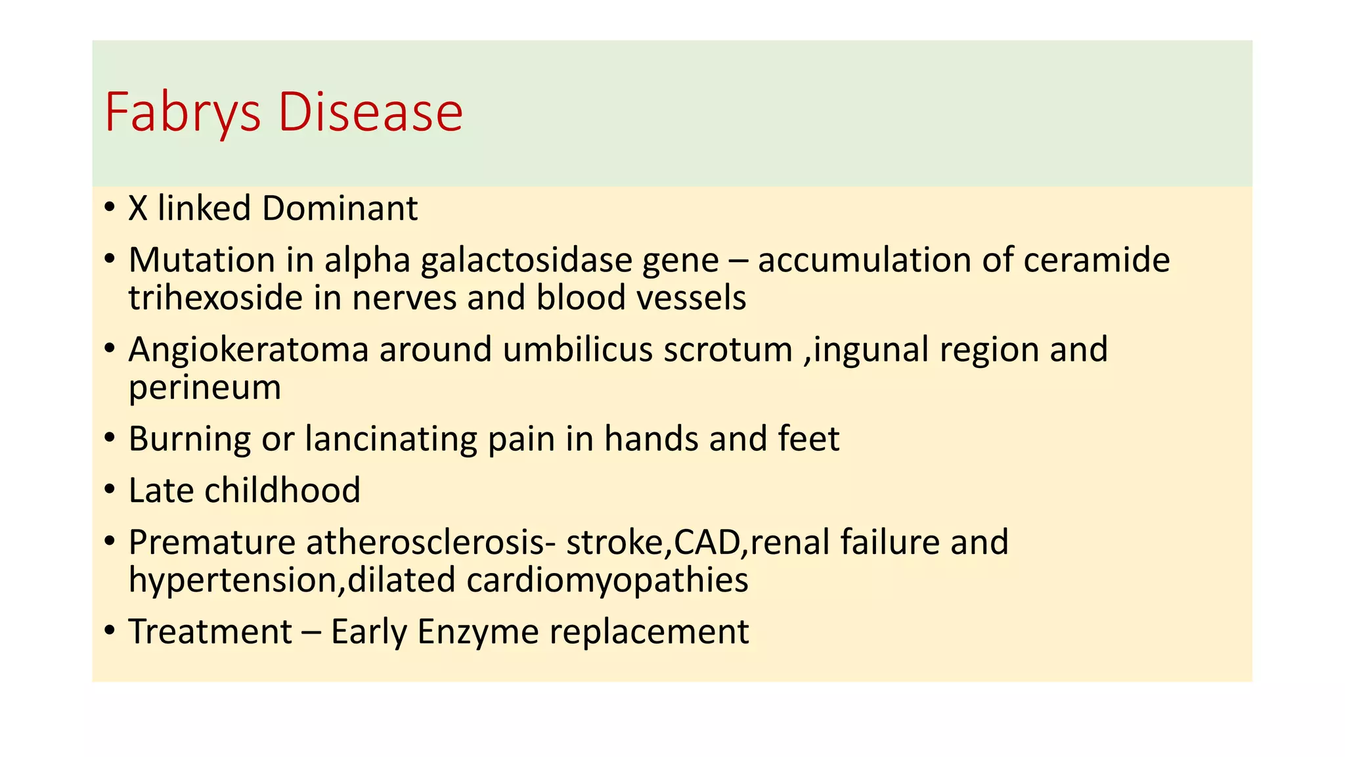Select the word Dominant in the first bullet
(x=340, y=209)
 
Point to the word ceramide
(x=1096, y=260)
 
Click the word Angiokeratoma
(x=248, y=350)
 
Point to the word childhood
(x=282, y=491)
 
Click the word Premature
(x=211, y=543)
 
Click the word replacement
(x=649, y=632)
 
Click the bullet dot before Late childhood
(x=110, y=490)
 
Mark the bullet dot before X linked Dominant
(x=110, y=208)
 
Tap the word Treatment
(x=209, y=632)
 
